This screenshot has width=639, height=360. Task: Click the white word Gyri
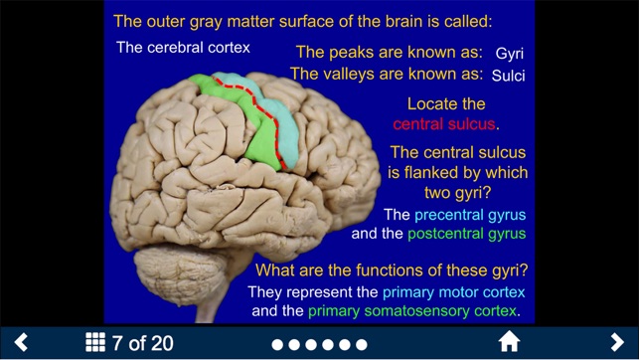click(x=509, y=53)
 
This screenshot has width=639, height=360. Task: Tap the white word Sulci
click(x=508, y=75)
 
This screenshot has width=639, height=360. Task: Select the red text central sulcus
click(x=443, y=124)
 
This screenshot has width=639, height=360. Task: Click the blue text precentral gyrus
click(x=470, y=215)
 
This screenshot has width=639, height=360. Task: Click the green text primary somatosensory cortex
click(x=412, y=311)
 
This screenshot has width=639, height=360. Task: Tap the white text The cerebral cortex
click(x=183, y=47)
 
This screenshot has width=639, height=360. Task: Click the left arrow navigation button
click(x=21, y=343)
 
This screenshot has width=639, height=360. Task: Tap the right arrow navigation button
click(x=617, y=343)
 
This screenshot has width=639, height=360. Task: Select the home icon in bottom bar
click(x=509, y=343)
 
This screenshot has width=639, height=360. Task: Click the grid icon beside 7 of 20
click(x=95, y=343)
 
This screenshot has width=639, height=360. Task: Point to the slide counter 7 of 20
click(x=143, y=344)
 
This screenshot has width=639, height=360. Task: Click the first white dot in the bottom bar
click(x=278, y=344)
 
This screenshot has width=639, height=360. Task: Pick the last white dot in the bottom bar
click(x=361, y=344)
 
